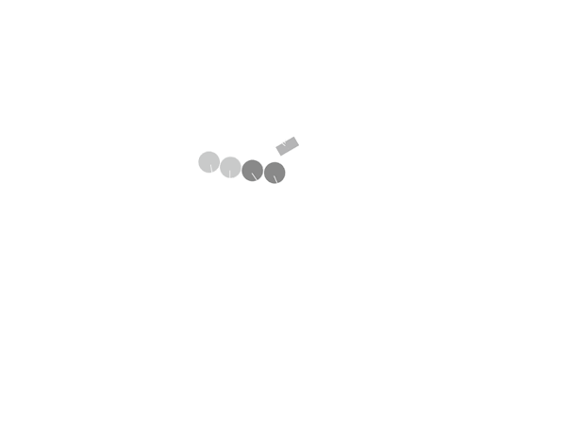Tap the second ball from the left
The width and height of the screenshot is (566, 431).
pyautogui.click(x=230, y=167)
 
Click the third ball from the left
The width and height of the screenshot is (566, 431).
pyautogui.click(x=253, y=170)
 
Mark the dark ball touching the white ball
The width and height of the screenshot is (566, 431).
pyautogui.click(x=274, y=172)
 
